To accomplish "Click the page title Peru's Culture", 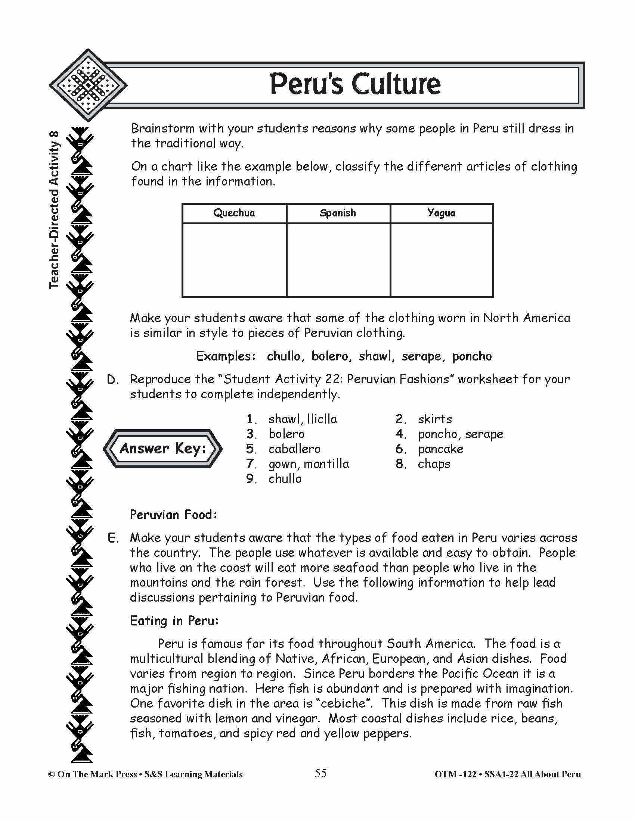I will pyautogui.click(x=355, y=84).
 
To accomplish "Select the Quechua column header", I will pyautogui.click(x=234, y=213).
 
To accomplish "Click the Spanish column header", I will pyautogui.click(x=337, y=213).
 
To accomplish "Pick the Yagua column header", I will pyautogui.click(x=441, y=213).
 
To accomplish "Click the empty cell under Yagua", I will pyautogui.click(x=442, y=260).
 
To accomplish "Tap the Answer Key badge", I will pyautogui.click(x=162, y=449).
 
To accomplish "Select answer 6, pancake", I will pyautogui.click(x=440, y=449).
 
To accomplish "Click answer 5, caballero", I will pyautogui.click(x=294, y=449).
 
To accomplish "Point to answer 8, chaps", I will pyautogui.click(x=434, y=464).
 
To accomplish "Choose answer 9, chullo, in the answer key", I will pyautogui.click(x=284, y=479).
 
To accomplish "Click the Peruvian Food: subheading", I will pyautogui.click(x=173, y=515).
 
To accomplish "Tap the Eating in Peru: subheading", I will pyautogui.click(x=174, y=621).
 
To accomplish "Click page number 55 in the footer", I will pyautogui.click(x=320, y=774).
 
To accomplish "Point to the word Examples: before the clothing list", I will pyautogui.click(x=226, y=356).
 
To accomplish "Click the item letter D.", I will pyautogui.click(x=112, y=380).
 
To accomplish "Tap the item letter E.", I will pyautogui.click(x=113, y=538).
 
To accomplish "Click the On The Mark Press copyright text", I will pyautogui.click(x=145, y=774).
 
